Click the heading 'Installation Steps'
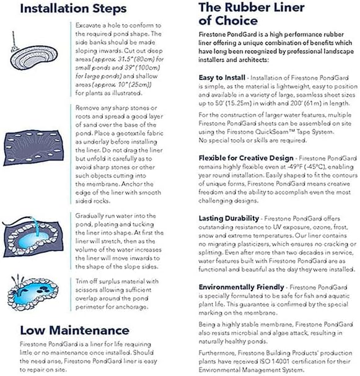[x=73, y=9]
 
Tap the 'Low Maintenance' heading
[x=74, y=330]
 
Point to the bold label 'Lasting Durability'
[x=228, y=218]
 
